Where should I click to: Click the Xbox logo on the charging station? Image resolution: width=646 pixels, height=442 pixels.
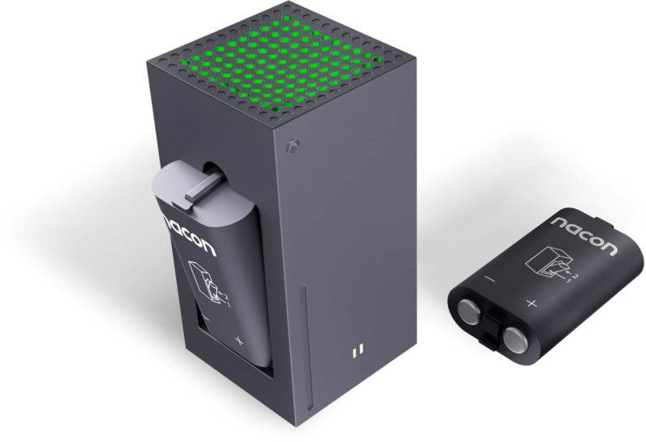click(x=293, y=147)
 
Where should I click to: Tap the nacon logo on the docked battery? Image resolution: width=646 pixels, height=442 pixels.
click(x=190, y=236)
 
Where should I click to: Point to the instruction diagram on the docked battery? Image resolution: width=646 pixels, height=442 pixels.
click(x=208, y=284)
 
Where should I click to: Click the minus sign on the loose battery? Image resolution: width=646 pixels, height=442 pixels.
click(x=490, y=279)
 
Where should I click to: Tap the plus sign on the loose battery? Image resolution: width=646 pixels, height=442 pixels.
click(x=532, y=304)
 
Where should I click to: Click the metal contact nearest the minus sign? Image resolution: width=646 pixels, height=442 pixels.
click(x=469, y=310)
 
